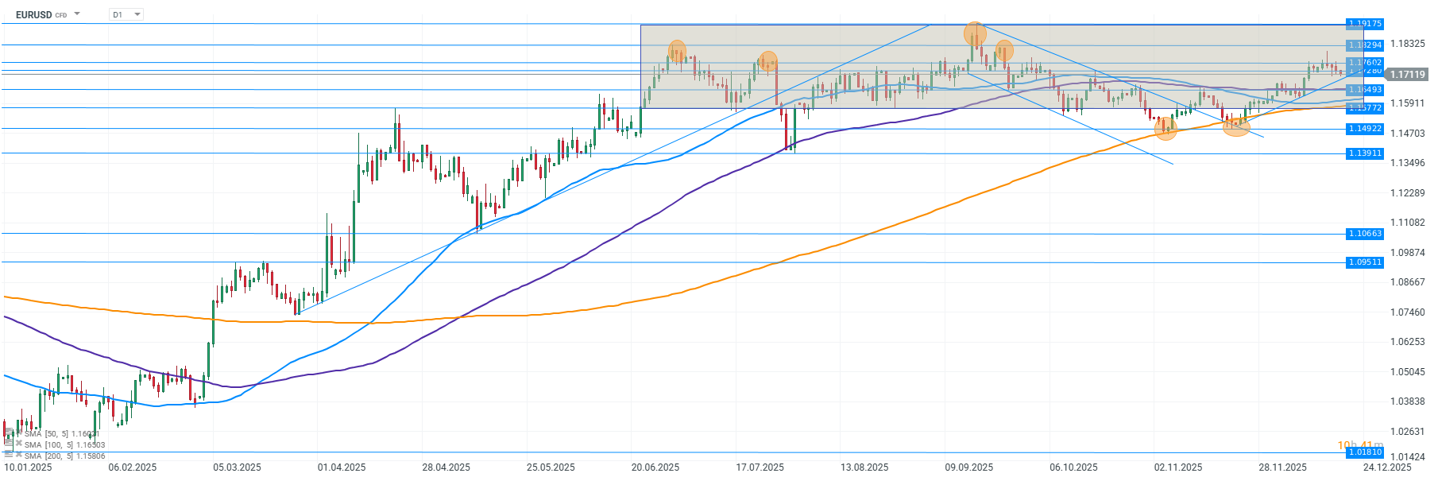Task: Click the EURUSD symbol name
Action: pyautogui.click(x=33, y=14)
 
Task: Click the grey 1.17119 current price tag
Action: pyautogui.click(x=1406, y=74)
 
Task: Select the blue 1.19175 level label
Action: pyautogui.click(x=1365, y=24)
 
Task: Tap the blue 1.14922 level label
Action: pyautogui.click(x=1365, y=129)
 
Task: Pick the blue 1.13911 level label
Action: pyautogui.click(x=1365, y=153)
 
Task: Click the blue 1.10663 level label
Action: pyautogui.click(x=1365, y=234)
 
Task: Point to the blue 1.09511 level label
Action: pyautogui.click(x=1365, y=262)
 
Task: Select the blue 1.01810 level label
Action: pyautogui.click(x=1365, y=452)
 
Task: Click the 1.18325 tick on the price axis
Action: pyautogui.click(x=1407, y=44)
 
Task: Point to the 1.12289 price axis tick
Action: pyautogui.click(x=1407, y=193)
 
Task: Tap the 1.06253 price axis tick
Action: pyautogui.click(x=1407, y=342)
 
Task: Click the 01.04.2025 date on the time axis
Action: pyautogui.click(x=342, y=467)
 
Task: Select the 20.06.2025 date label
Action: pyautogui.click(x=655, y=467)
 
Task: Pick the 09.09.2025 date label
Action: pyautogui.click(x=969, y=467)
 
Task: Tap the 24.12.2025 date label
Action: pyautogui.click(x=1387, y=467)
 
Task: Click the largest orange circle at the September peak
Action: pyautogui.click(x=975, y=33)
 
